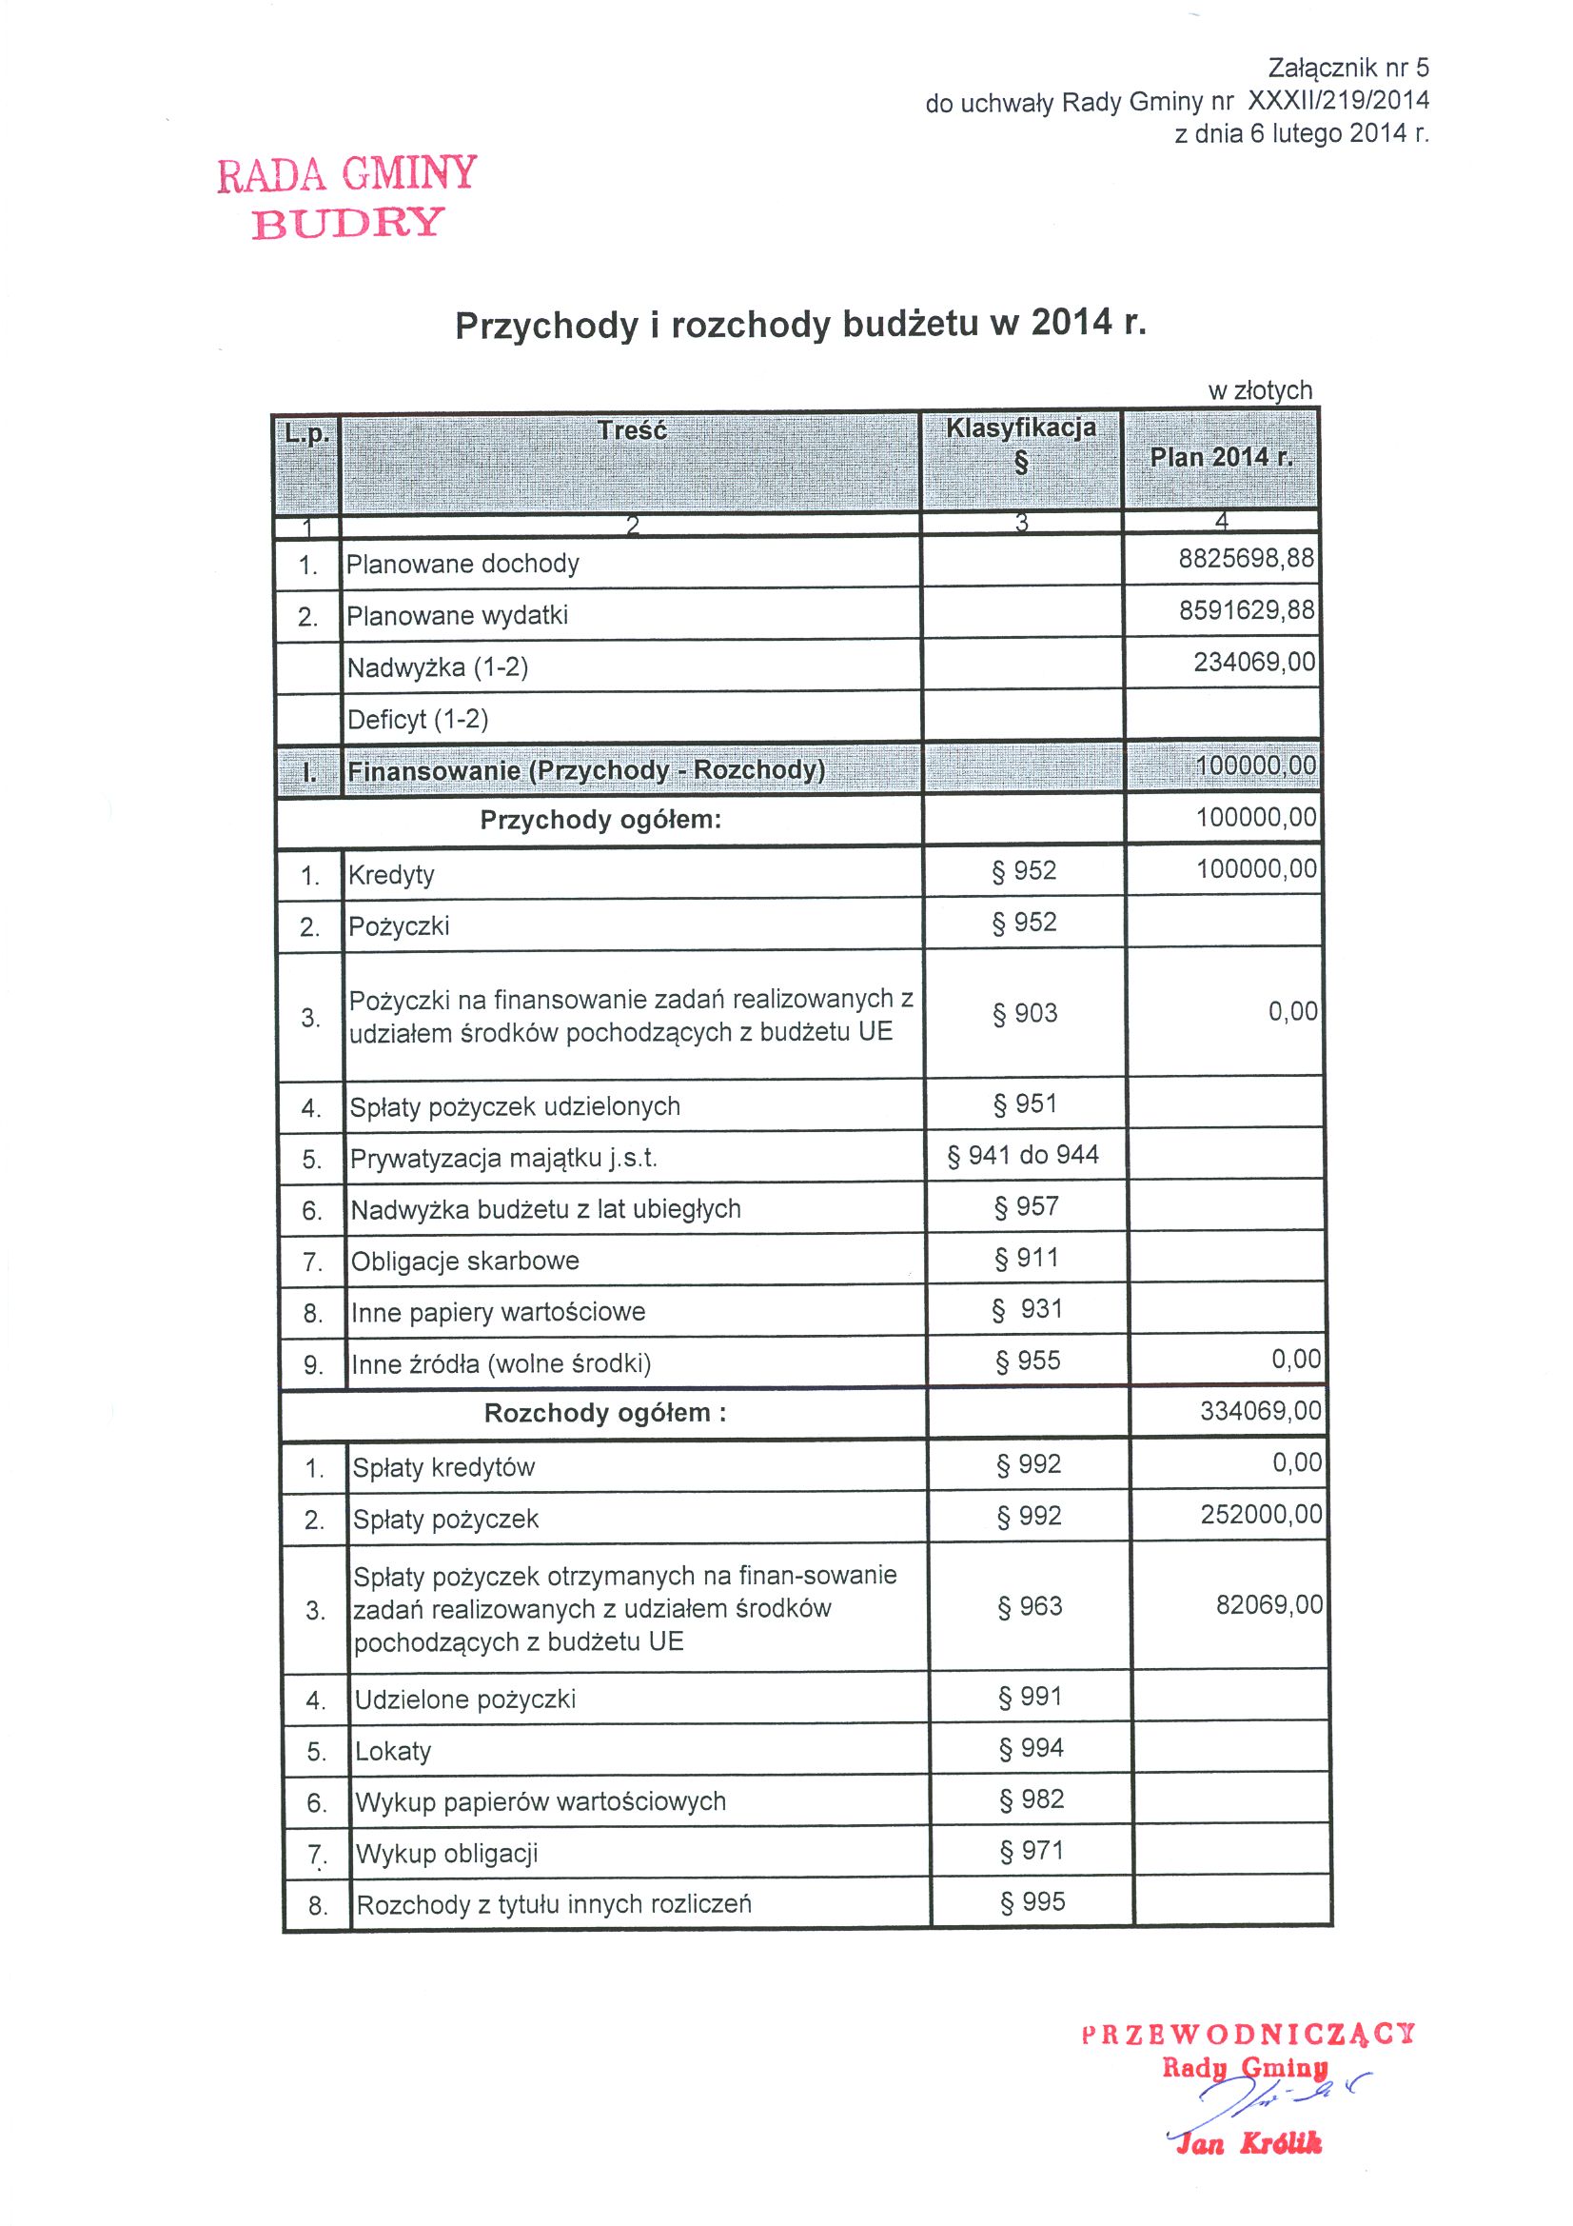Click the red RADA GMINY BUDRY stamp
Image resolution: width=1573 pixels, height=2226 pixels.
[x=347, y=197]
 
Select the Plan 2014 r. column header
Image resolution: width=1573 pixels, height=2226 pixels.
[x=1220, y=458]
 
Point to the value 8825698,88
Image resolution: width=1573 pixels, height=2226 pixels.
[x=1246, y=559]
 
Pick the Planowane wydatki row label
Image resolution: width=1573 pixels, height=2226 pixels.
[x=457, y=616]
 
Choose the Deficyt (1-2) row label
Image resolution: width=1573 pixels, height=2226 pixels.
[x=418, y=720]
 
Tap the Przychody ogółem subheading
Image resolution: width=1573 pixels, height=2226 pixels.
[x=600, y=820]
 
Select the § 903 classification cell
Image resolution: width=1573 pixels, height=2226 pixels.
[x=1025, y=1013]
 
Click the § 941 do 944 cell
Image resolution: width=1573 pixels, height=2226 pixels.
[x=1023, y=1155]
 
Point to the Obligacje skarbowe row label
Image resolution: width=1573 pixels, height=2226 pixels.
[x=464, y=1261]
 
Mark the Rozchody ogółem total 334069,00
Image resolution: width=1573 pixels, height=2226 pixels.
[x=1260, y=1411]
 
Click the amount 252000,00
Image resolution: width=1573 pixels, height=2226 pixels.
[x=1261, y=1515]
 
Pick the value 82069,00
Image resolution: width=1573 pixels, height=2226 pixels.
[x=1268, y=1604]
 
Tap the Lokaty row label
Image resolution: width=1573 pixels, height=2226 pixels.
[x=392, y=1751]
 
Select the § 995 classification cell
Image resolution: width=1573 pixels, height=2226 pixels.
[x=1032, y=1901]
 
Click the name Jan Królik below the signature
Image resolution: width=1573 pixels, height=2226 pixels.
[x=1248, y=2142]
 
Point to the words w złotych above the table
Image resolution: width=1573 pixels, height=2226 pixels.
[x=1260, y=390]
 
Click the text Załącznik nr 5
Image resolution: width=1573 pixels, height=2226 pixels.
[x=1347, y=68]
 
